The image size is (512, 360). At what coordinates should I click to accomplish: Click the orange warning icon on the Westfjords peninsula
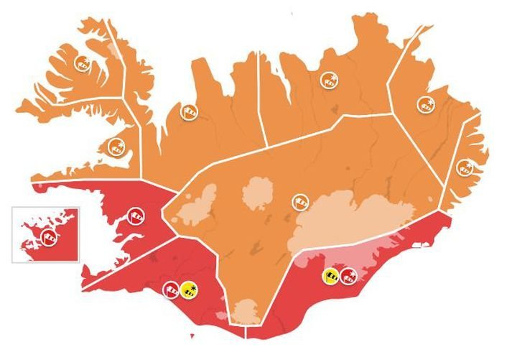point(83,62)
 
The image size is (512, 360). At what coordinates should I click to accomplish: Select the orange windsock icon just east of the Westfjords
point(189,111)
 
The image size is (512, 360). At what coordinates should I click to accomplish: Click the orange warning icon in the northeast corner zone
point(426,105)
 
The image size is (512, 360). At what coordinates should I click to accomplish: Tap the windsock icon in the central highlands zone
point(299,203)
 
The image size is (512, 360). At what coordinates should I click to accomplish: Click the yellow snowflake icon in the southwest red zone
point(190,290)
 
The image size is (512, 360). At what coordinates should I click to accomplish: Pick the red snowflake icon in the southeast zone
point(348,274)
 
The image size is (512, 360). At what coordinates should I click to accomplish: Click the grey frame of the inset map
point(13,234)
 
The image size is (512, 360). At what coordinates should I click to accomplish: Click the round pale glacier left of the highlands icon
point(256,193)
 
